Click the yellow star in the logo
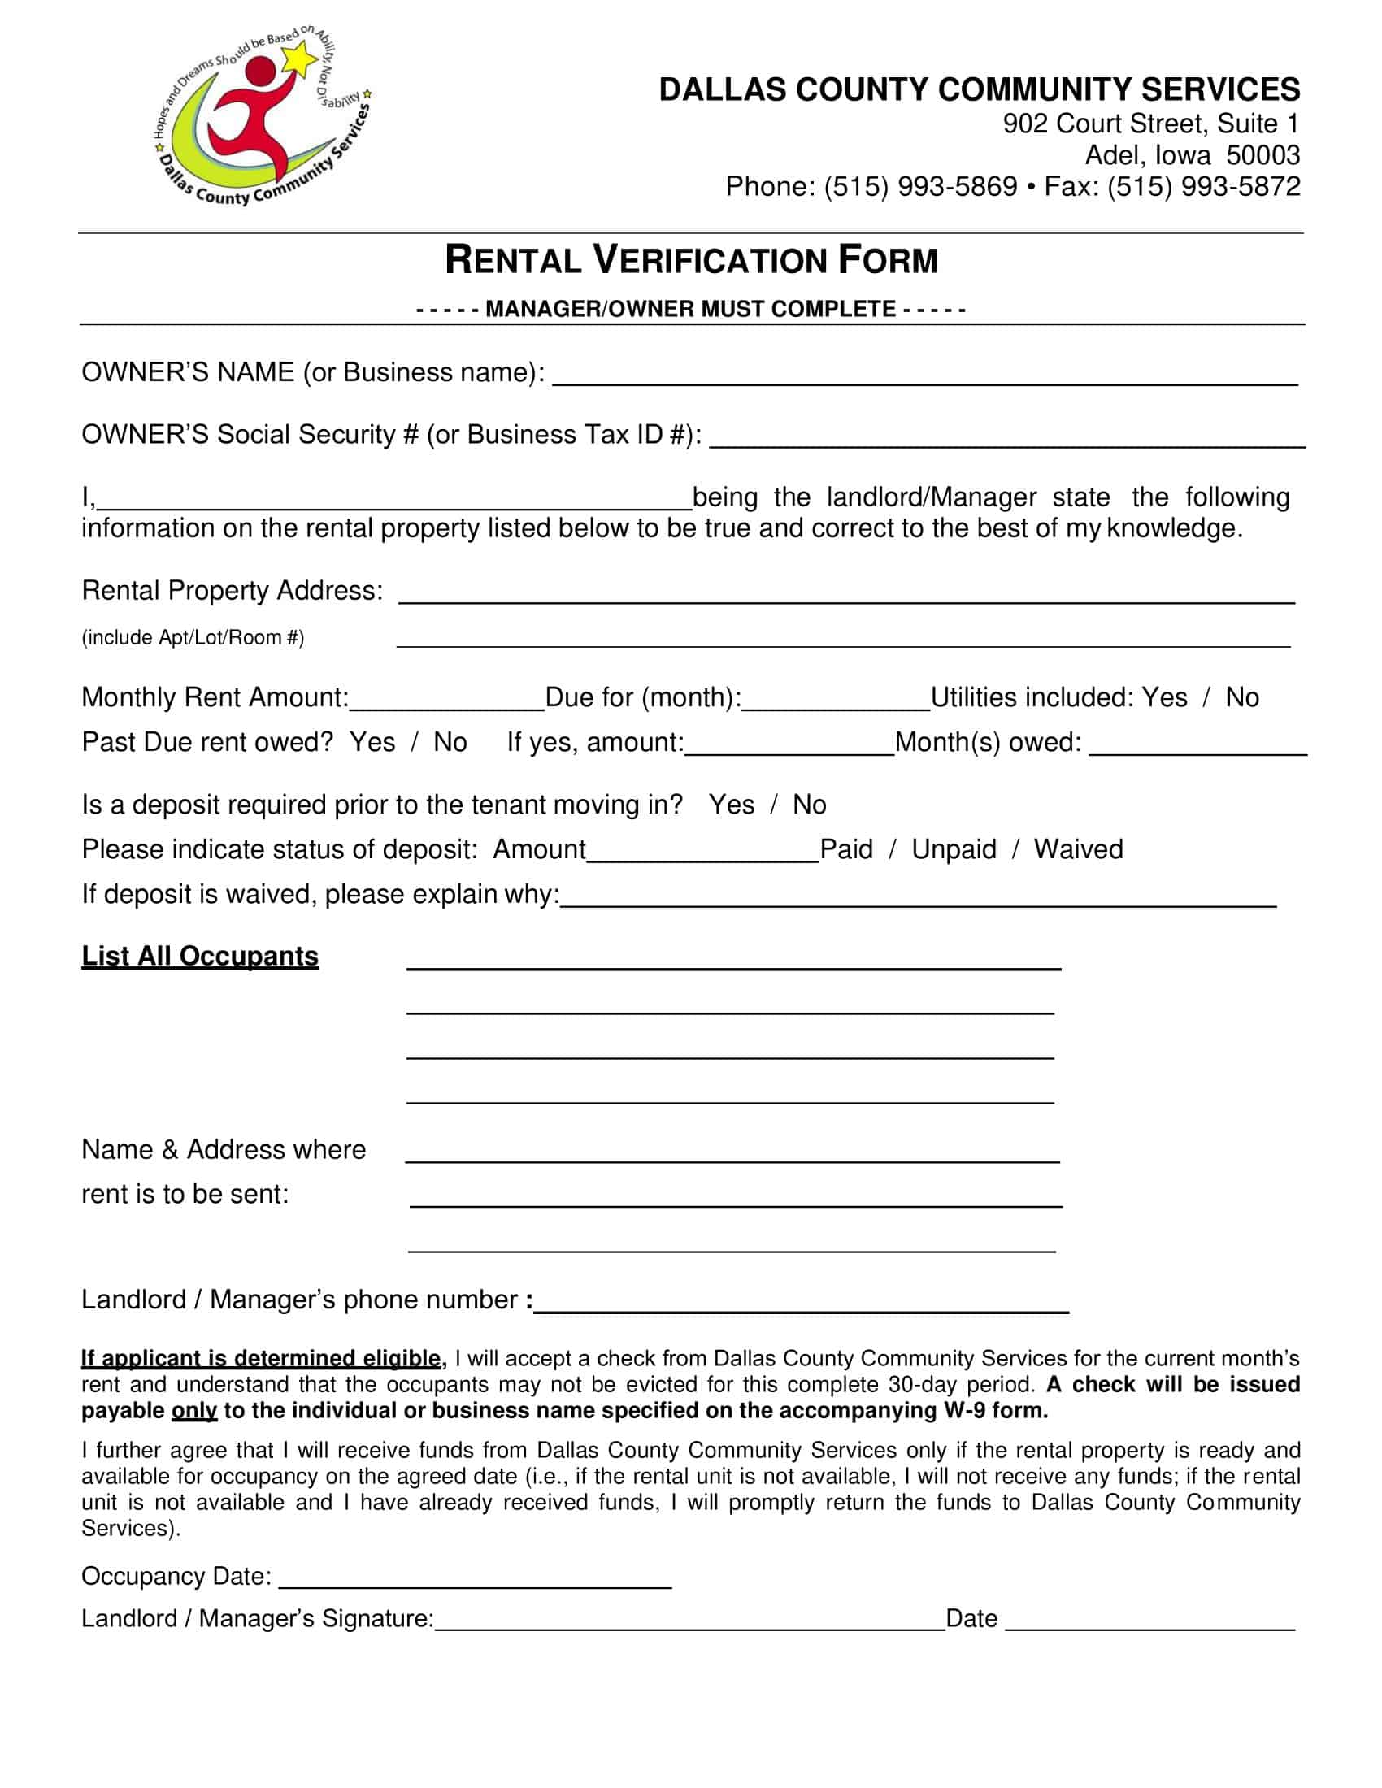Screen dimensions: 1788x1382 (299, 59)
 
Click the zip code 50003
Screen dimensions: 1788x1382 (1262, 154)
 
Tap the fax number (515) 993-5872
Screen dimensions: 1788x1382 (1203, 187)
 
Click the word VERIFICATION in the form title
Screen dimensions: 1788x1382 (710, 260)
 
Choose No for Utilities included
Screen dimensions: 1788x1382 (1242, 697)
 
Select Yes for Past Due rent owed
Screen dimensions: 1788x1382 (372, 742)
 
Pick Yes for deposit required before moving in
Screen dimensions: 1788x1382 (731, 805)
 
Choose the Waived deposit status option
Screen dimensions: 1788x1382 (1077, 849)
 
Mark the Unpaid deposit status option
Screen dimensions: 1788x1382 (954, 849)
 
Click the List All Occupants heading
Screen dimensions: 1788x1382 (200, 956)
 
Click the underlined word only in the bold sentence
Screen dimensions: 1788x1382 (194, 1411)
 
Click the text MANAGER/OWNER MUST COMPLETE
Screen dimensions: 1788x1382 (690, 309)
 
